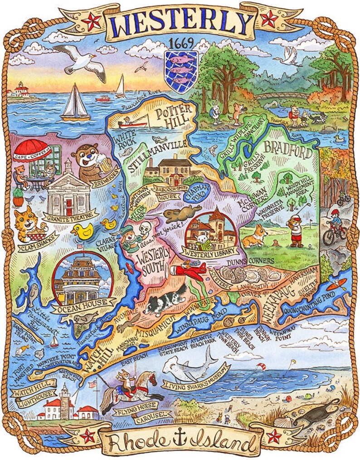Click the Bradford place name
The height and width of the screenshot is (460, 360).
point(288,149)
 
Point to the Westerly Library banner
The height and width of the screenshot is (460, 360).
point(209,250)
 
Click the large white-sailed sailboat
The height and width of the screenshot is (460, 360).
point(76,103)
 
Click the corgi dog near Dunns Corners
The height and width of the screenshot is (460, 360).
point(253,236)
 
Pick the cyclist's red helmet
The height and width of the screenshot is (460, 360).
point(335,212)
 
